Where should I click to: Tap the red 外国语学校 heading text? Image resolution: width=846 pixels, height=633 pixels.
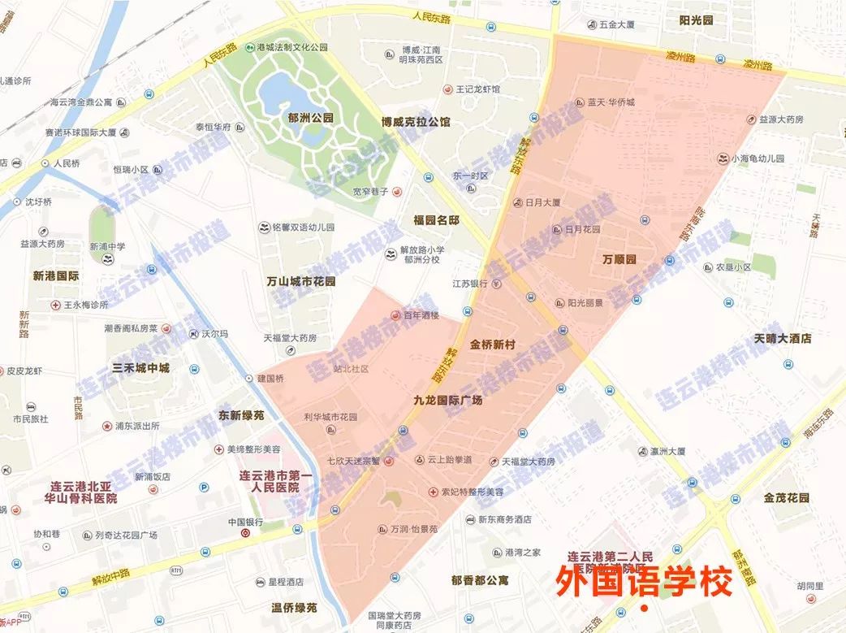tap(644, 582)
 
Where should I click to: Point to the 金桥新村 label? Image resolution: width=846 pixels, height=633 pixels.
tap(493, 345)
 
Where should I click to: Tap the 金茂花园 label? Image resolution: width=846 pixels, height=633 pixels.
tap(787, 496)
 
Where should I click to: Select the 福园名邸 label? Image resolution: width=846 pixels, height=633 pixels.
tap(436, 220)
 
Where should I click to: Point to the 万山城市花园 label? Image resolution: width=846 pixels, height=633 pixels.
tap(301, 282)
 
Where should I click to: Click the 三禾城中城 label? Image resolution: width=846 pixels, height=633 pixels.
tap(141, 368)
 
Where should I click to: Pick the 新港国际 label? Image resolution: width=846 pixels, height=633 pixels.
tap(56, 276)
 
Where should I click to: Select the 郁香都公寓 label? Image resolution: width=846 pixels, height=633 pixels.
tap(481, 580)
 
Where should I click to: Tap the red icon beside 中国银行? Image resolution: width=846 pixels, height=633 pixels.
tap(246, 534)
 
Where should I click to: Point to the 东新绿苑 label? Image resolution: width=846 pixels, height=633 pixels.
tap(242, 415)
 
